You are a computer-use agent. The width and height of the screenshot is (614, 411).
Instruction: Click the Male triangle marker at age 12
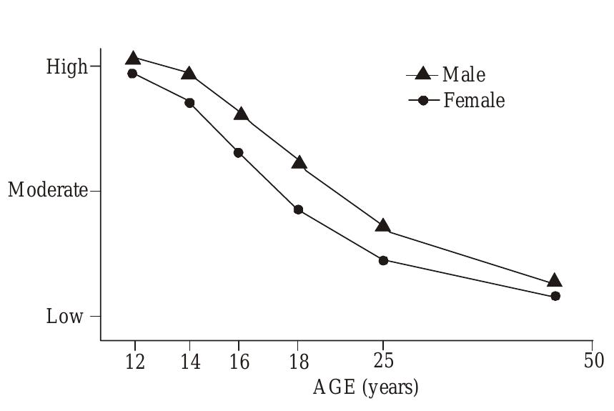click(x=133, y=59)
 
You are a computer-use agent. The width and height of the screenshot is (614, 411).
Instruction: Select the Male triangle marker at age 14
click(x=189, y=74)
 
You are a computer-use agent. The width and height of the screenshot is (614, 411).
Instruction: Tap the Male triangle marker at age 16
click(x=241, y=114)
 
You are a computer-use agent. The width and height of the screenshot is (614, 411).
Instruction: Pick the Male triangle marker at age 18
click(x=299, y=163)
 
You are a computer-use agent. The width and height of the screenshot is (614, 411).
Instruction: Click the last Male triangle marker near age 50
click(x=555, y=281)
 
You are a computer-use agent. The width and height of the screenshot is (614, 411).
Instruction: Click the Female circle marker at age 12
click(x=132, y=73)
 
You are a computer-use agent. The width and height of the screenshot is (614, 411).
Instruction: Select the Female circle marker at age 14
click(x=189, y=103)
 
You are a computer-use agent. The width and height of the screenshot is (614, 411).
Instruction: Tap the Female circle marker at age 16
click(x=239, y=153)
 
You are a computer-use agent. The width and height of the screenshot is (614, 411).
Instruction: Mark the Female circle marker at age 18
click(x=299, y=209)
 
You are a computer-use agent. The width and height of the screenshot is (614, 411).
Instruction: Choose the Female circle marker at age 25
click(x=383, y=260)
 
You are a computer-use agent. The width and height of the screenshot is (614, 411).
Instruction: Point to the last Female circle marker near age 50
click(x=555, y=296)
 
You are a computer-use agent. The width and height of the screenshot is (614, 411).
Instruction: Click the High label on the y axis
click(x=66, y=67)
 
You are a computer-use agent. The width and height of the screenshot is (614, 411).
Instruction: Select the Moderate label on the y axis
click(x=48, y=191)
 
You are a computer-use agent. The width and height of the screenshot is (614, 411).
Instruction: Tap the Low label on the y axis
click(x=65, y=317)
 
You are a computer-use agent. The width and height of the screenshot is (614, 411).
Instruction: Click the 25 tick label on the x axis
click(x=384, y=361)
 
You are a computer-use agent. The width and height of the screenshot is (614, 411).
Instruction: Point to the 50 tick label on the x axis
click(x=593, y=361)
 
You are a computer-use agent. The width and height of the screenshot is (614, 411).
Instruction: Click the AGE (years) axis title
click(x=365, y=388)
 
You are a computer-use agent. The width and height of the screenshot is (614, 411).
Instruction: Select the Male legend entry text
click(x=463, y=74)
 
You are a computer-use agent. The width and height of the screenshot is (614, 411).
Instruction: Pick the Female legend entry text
click(x=474, y=101)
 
